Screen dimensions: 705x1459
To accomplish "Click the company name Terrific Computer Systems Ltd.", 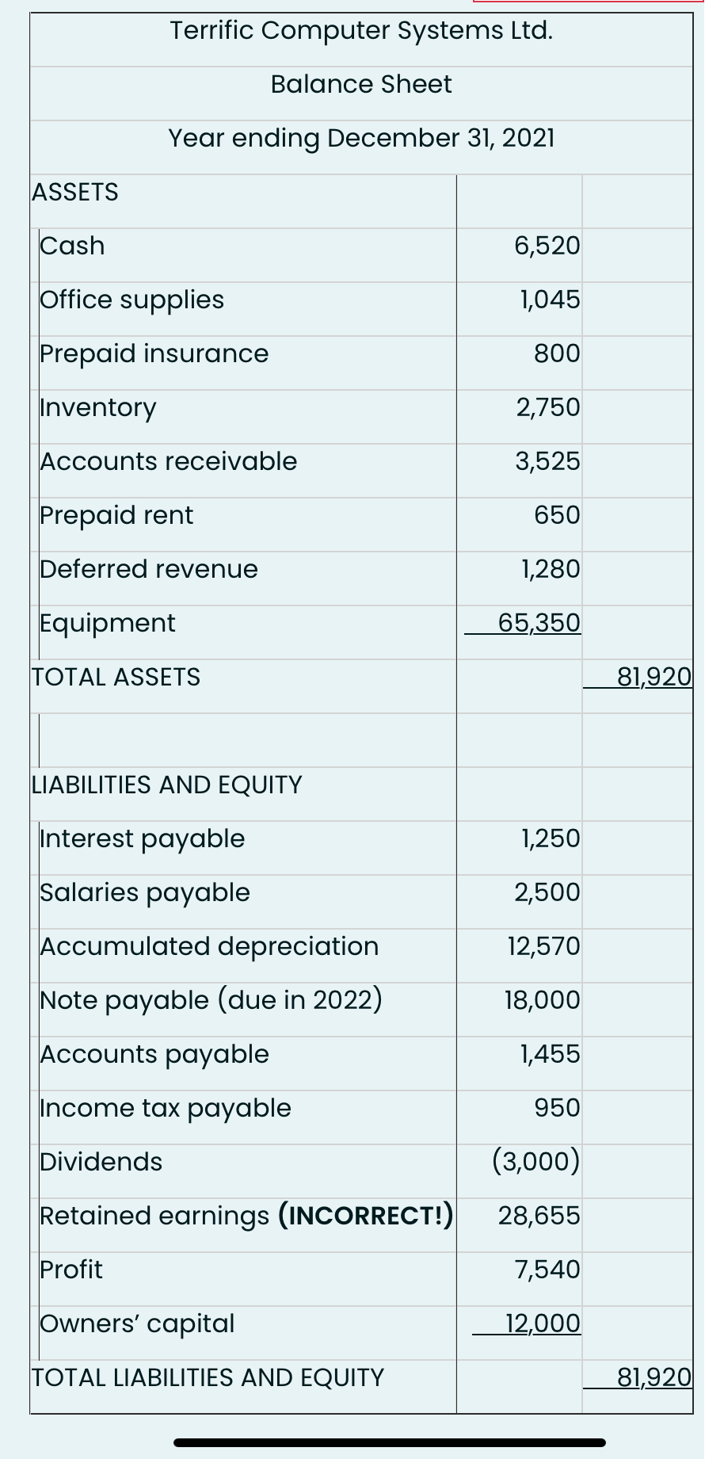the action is click(361, 31).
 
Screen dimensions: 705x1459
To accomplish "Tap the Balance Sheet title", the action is click(361, 84).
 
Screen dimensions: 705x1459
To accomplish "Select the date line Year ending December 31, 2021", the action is click(361, 138).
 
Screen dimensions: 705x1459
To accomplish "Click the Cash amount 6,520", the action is click(547, 246).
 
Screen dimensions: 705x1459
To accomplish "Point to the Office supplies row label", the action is click(132, 300).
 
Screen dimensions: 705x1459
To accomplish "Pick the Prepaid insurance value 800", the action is click(557, 353).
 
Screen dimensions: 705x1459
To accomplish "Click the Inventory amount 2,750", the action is click(548, 407).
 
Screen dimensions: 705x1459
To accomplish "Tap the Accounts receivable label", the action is click(169, 461).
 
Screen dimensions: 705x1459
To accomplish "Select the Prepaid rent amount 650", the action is click(557, 515).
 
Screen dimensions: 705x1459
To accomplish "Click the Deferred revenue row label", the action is click(149, 569).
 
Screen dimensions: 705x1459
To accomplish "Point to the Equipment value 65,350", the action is click(539, 623).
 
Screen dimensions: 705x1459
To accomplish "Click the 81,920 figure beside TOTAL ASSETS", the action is click(654, 677).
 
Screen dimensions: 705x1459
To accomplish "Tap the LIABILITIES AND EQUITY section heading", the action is click(167, 785).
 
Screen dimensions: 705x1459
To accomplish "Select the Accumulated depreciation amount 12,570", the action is click(544, 946).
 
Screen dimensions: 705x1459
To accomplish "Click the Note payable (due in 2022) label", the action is click(211, 1000).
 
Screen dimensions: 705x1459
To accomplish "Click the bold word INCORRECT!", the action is click(365, 1216).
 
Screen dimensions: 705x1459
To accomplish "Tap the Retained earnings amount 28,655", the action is click(539, 1216).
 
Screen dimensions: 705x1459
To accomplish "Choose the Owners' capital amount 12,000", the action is click(543, 1323).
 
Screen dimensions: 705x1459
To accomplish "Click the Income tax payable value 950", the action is click(557, 1108).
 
